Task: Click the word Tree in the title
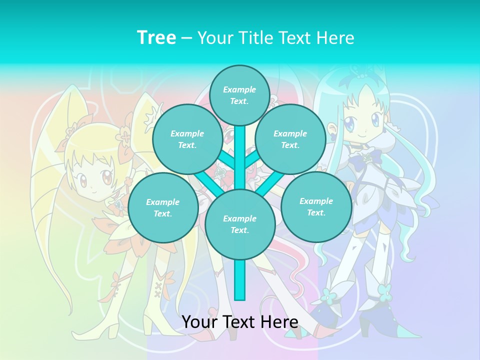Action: point(156,37)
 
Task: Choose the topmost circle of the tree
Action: point(239,95)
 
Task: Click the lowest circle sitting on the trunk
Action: point(240,224)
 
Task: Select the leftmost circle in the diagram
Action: point(162,207)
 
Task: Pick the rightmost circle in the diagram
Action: point(316,206)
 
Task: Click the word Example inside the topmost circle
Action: point(239,89)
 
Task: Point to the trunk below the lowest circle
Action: point(240,280)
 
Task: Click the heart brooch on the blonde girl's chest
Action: point(118,205)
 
